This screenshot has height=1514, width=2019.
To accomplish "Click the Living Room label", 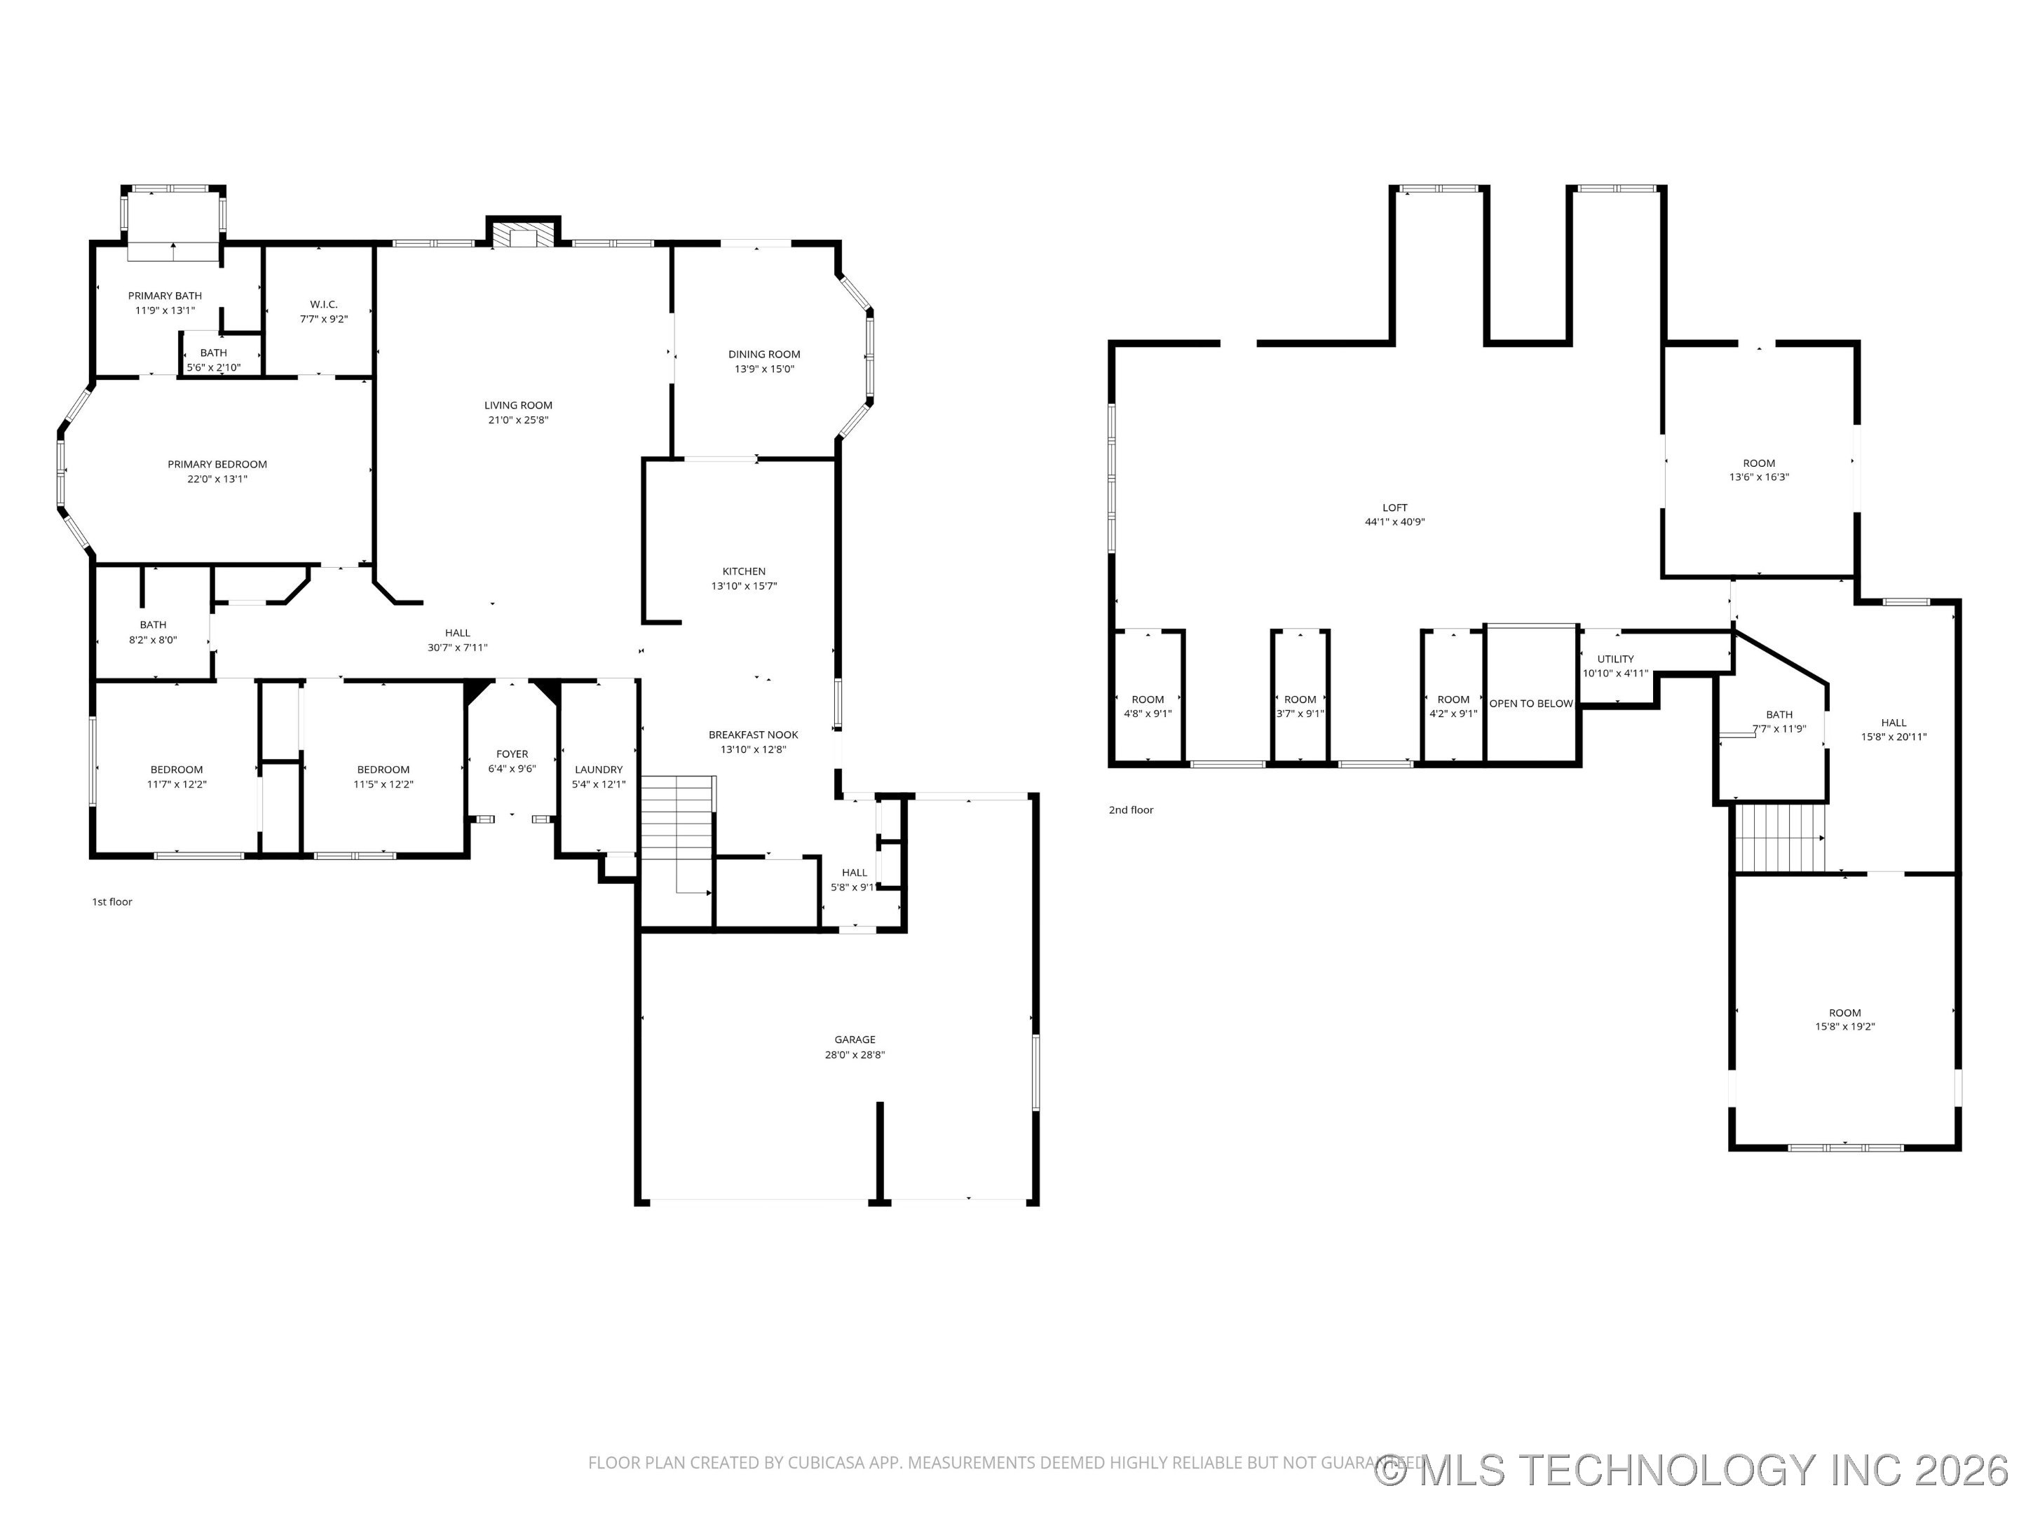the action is [519, 405].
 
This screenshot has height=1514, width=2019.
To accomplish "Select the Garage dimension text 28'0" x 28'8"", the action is [855, 1055].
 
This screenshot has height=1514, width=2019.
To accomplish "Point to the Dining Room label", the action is [764, 354].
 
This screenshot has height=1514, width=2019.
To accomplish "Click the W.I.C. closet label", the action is [324, 304].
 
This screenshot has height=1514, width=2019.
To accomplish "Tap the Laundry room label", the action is [599, 770].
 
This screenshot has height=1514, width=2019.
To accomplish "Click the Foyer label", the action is [512, 753].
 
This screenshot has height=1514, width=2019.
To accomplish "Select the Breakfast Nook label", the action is [754, 735].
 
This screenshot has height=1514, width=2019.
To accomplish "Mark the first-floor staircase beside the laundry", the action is [677, 834].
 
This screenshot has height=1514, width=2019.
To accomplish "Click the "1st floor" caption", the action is [112, 901].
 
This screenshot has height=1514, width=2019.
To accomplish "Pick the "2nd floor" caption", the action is [1131, 810].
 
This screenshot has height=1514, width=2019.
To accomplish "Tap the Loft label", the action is [1394, 507].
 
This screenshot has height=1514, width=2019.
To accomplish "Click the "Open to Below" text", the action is [1532, 704].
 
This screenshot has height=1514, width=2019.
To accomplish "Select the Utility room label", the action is [1616, 659].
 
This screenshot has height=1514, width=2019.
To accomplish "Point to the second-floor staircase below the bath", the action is [1780, 838].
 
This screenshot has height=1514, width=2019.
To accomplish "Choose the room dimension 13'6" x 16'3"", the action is [1759, 477].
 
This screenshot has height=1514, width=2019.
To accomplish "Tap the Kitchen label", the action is [744, 571].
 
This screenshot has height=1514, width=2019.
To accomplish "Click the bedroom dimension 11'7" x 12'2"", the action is [177, 784].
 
